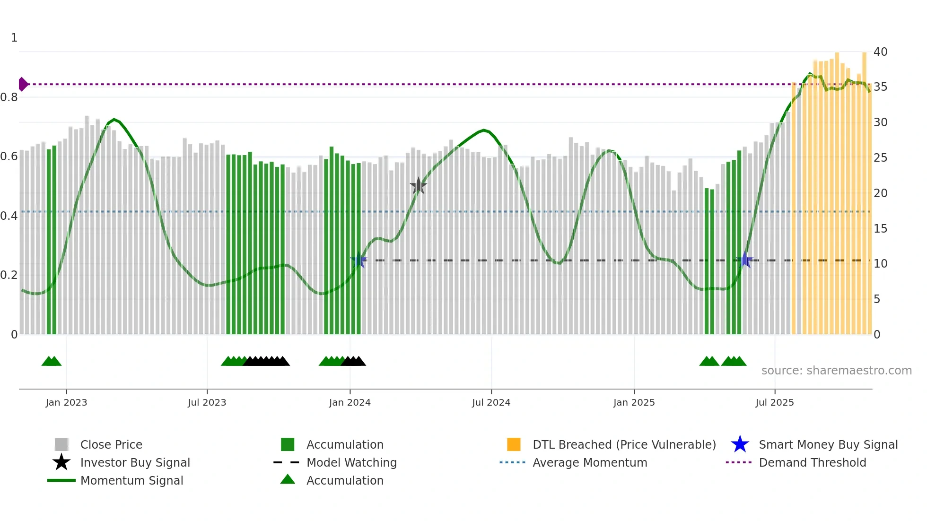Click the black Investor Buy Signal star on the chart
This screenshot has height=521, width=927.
tap(418, 186)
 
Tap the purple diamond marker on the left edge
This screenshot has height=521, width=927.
tap(23, 84)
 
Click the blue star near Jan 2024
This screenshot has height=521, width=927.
tap(359, 260)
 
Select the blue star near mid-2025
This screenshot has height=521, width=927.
tap(745, 260)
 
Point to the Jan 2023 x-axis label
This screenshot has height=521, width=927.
tap(66, 402)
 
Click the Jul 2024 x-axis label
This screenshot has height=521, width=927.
tap(491, 402)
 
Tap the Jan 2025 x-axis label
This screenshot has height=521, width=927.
tap(634, 402)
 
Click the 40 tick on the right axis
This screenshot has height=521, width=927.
tap(880, 52)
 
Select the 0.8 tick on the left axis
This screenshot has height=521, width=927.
tap(9, 97)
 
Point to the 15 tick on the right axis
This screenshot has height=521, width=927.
tap(880, 229)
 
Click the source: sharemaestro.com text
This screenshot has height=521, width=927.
tap(836, 371)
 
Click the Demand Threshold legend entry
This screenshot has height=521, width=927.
tap(812, 462)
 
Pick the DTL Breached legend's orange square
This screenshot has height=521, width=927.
tap(514, 444)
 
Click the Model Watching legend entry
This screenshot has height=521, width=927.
tap(351, 462)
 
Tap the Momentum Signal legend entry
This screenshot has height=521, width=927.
tap(131, 480)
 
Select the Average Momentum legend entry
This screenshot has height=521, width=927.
tap(589, 462)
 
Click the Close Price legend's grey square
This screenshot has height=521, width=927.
tap(61, 444)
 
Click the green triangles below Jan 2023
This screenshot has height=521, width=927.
tap(52, 361)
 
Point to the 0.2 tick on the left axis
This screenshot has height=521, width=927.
tap(9, 275)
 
